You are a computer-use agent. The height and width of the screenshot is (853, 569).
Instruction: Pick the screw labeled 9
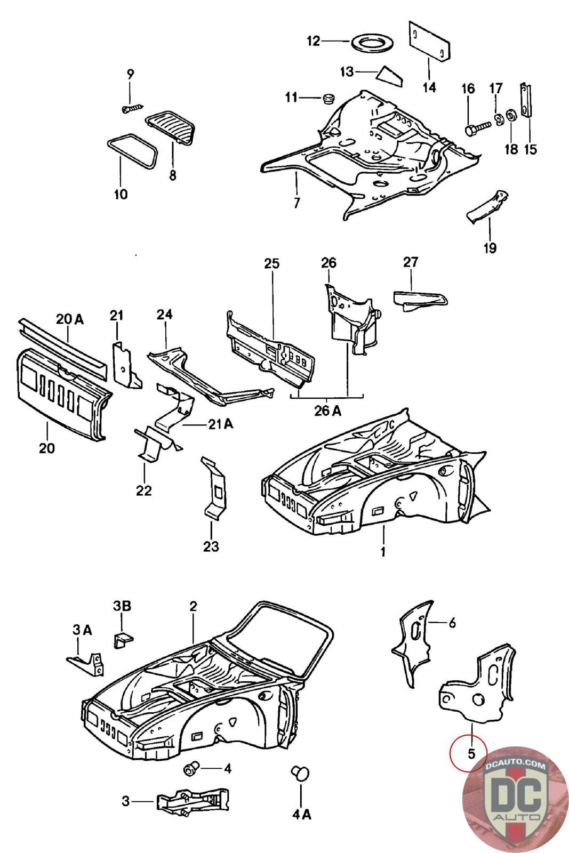131,108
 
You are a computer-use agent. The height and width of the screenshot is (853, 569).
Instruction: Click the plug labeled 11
328,98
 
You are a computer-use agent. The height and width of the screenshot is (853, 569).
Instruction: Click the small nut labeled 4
191,769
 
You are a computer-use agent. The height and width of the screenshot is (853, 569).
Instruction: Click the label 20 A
70,319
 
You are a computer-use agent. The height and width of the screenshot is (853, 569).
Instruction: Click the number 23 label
211,546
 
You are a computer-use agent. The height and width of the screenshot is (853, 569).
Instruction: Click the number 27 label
411,262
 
